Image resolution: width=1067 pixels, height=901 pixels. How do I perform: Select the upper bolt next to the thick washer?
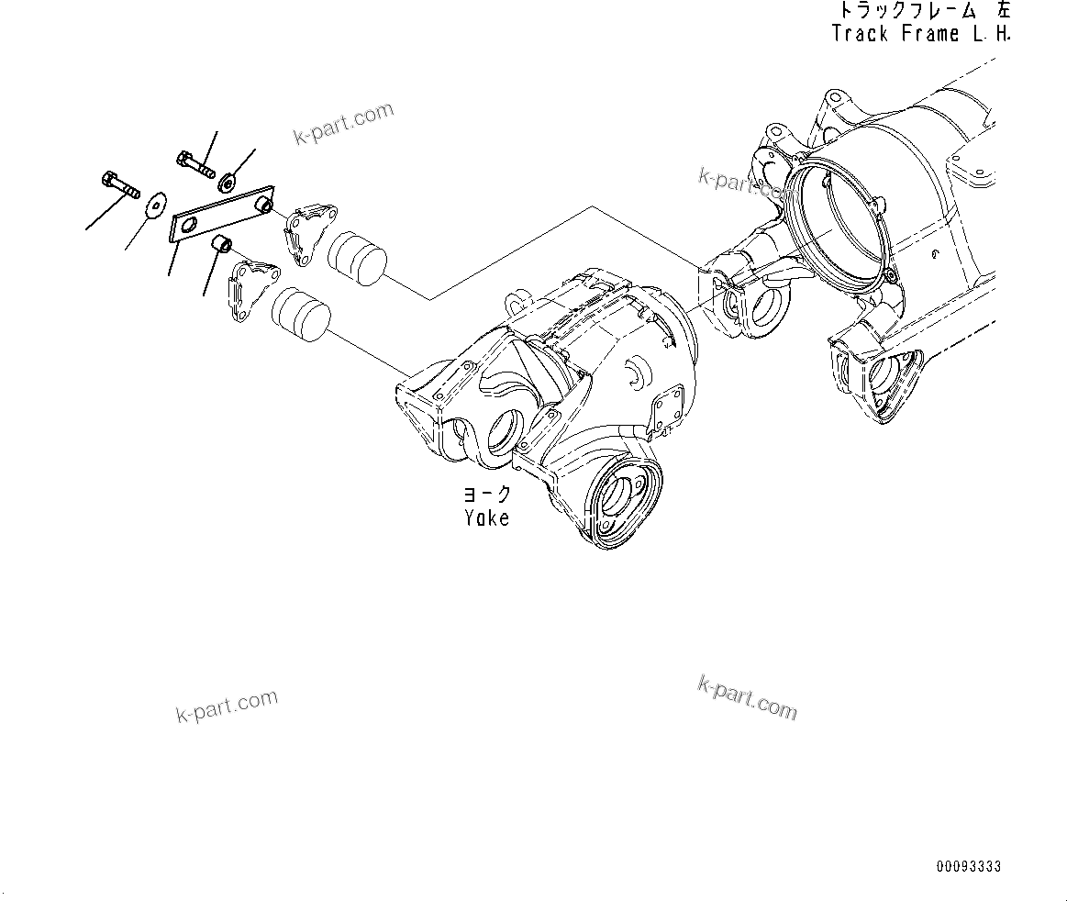(x=194, y=163)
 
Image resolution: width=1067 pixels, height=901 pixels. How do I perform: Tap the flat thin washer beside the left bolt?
(x=156, y=199)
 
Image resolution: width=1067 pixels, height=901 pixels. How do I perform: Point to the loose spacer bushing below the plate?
(x=221, y=245)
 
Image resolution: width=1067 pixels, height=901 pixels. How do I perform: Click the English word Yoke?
(x=486, y=518)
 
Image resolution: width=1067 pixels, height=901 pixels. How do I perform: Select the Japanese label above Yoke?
(x=486, y=495)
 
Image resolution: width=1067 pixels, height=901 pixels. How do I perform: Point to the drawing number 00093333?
(x=968, y=867)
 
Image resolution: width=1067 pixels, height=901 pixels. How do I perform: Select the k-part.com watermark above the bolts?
(x=343, y=124)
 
